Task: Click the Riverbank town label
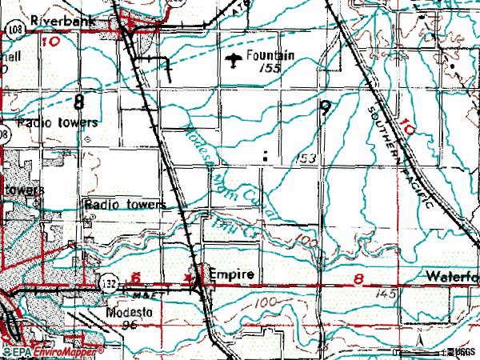[58, 22]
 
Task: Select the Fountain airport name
[270, 55]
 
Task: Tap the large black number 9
[323, 108]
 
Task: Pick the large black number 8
[78, 102]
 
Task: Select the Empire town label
[231, 274]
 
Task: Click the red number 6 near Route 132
[136, 276]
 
